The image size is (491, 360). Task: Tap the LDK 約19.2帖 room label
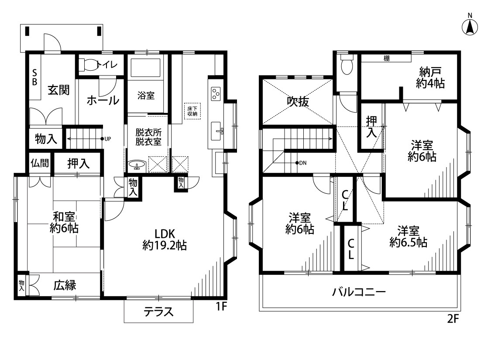coord(165,240)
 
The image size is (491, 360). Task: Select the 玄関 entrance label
coord(58,90)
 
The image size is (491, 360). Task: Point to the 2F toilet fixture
coord(347,65)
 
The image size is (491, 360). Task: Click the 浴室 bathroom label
coord(146,95)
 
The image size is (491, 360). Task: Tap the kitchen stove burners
coord(216,93)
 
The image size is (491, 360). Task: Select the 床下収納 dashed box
coord(192,111)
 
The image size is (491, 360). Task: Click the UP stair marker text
coord(107,139)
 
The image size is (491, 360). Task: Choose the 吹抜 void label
coord(298,101)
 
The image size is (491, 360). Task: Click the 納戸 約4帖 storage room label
coord(430,78)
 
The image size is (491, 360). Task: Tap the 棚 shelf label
coord(387,58)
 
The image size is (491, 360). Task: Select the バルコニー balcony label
coord(359,292)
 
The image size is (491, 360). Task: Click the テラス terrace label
coord(158,312)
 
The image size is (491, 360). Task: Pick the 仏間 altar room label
coord(40,163)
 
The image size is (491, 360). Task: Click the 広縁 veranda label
coord(65,285)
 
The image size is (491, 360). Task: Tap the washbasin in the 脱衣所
coord(137,165)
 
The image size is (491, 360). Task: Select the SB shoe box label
coord(35,77)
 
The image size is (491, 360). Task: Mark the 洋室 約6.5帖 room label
coord(409,237)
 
